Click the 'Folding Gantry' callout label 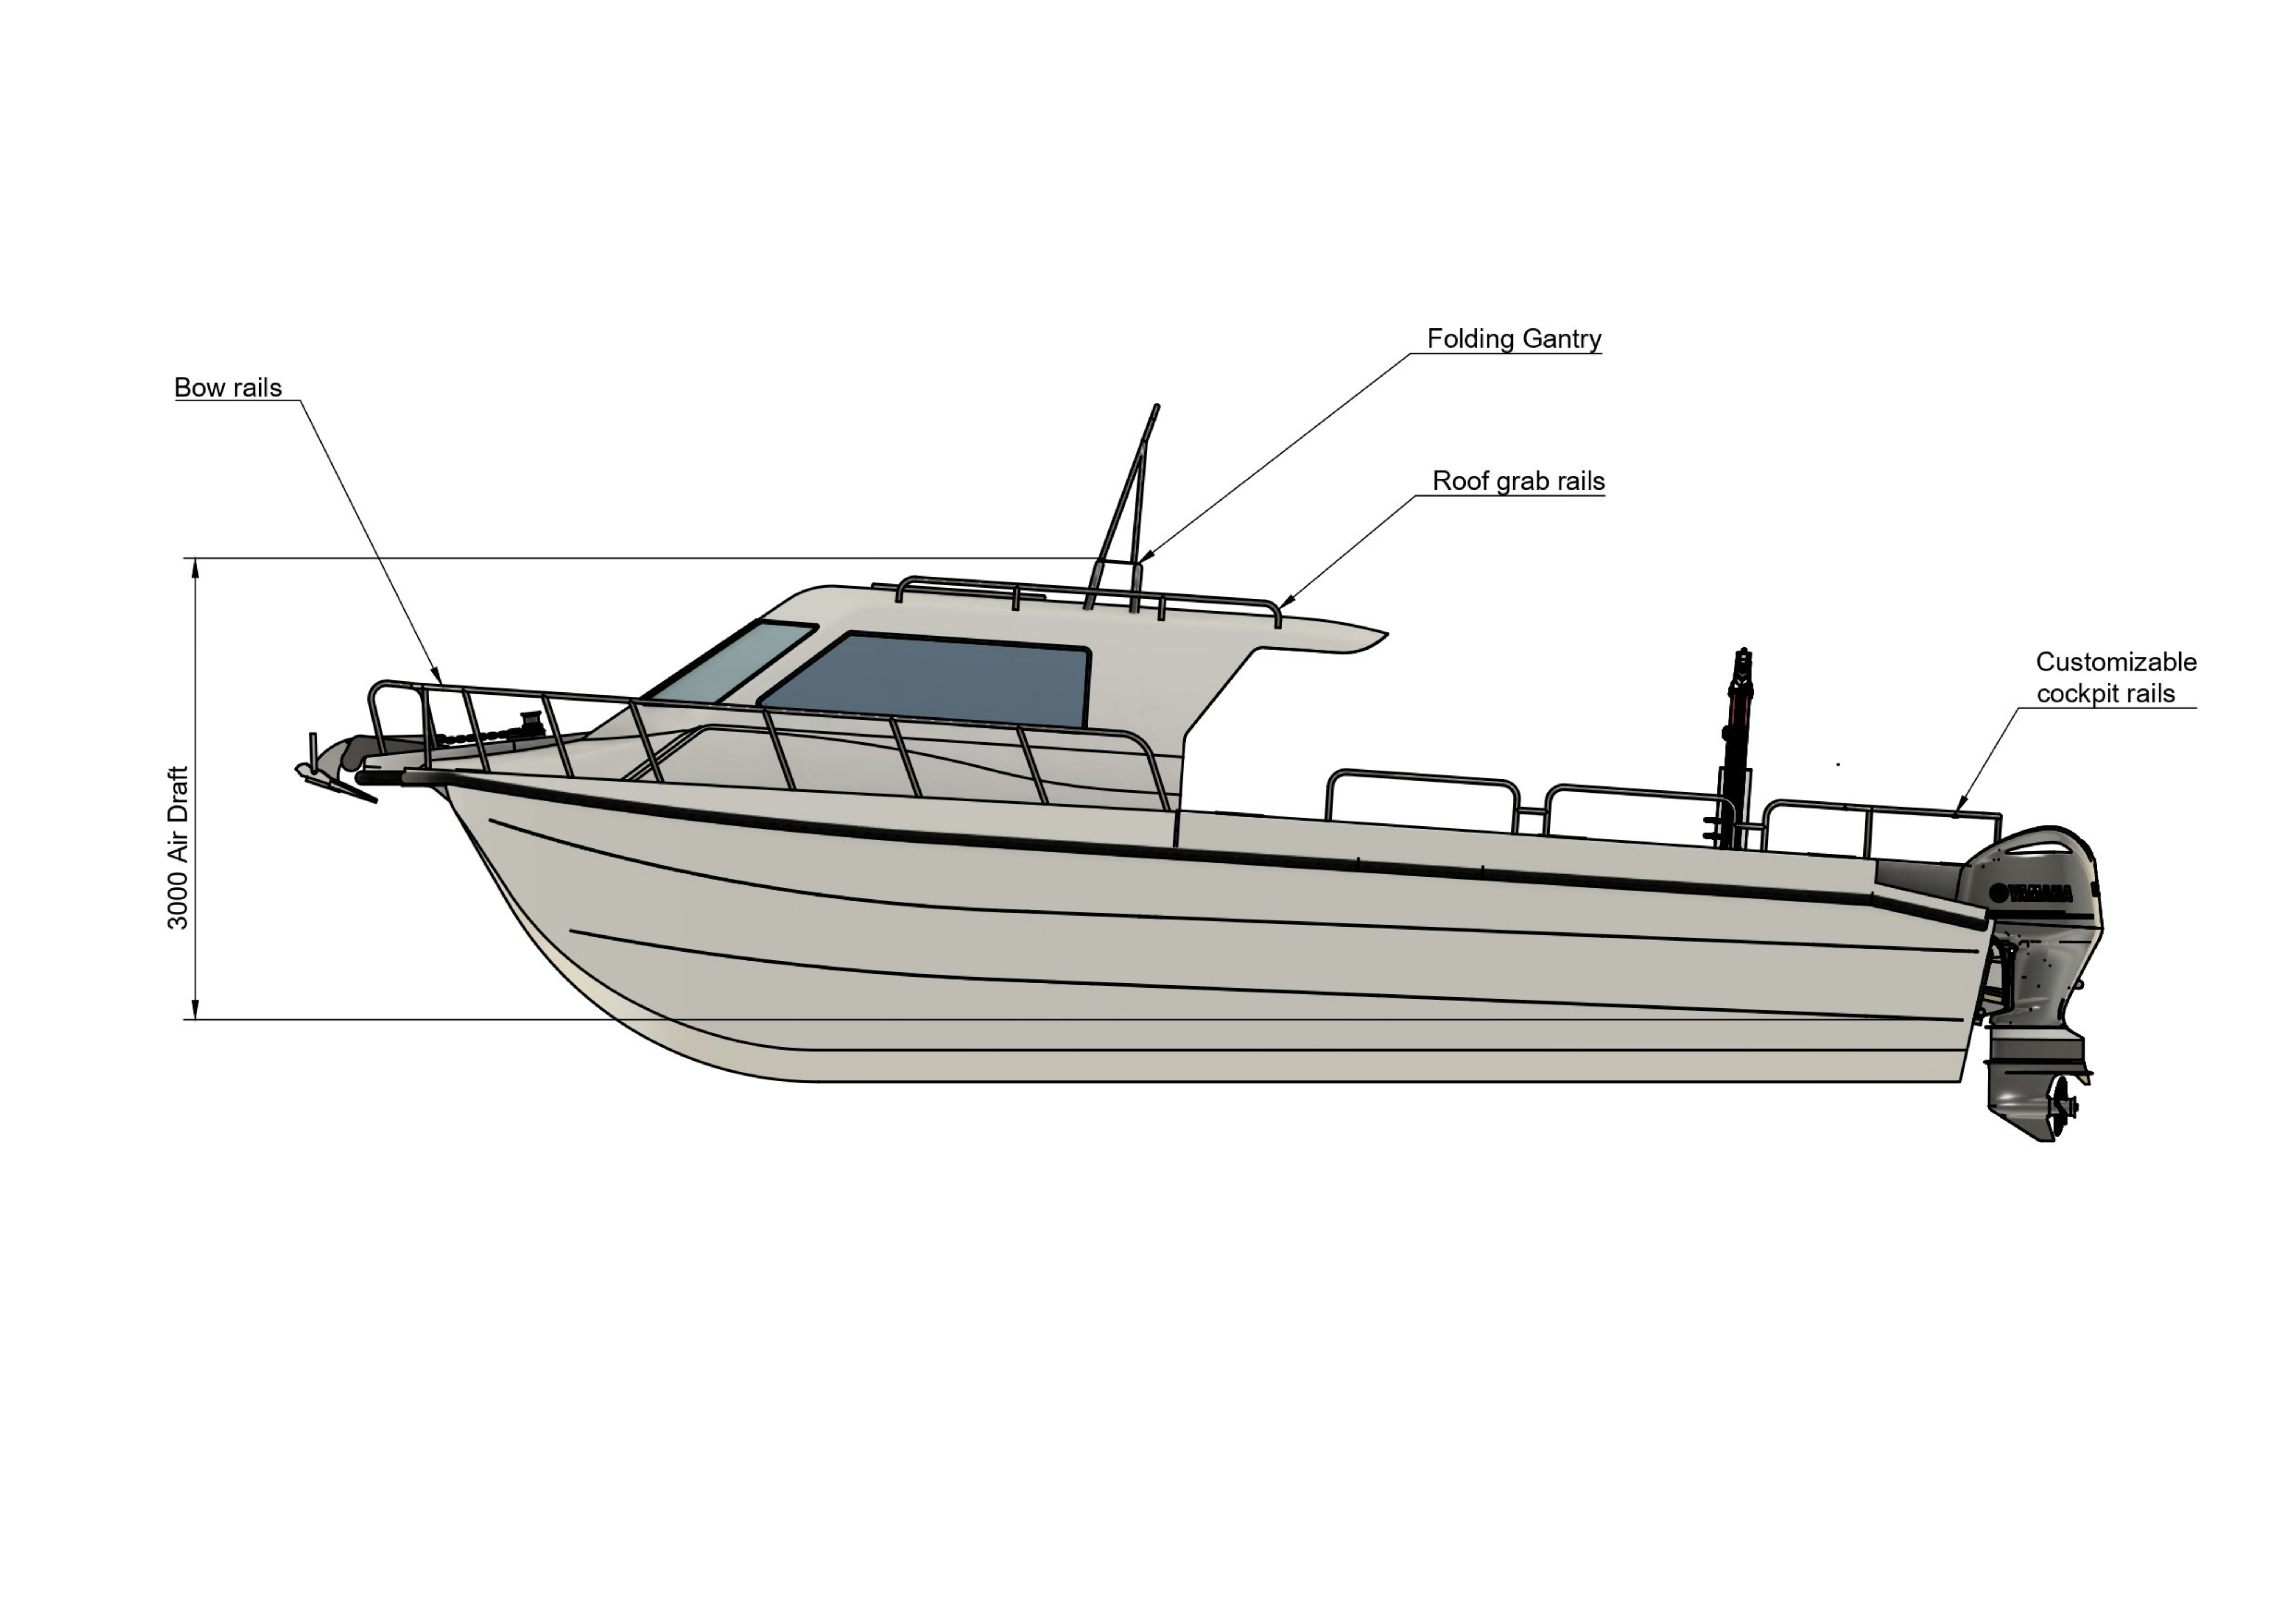coord(1514,339)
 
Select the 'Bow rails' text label coord(228,388)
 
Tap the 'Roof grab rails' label coord(1519,481)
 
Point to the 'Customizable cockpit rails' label coord(2116,677)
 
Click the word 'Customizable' coord(2116,662)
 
